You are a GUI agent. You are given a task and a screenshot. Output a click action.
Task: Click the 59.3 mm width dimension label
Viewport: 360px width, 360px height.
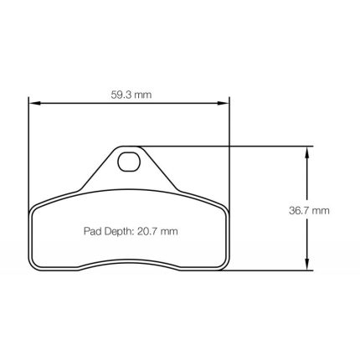pyautogui.click(x=131, y=95)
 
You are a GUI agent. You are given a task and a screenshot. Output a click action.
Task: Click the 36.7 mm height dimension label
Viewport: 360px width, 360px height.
pyautogui.click(x=309, y=210)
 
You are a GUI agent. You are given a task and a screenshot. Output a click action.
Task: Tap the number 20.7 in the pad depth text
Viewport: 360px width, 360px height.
pyautogui.click(x=147, y=231)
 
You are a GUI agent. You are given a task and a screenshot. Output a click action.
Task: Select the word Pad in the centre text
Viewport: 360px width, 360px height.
pyautogui.click(x=93, y=231)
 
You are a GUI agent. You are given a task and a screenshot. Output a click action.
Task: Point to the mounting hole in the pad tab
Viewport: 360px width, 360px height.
pyautogui.click(x=128, y=162)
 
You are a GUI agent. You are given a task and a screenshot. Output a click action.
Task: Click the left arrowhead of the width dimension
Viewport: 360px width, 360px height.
pyautogui.click(x=35, y=103)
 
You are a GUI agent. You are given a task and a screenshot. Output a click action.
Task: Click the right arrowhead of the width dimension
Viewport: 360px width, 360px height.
pyautogui.click(x=223, y=103)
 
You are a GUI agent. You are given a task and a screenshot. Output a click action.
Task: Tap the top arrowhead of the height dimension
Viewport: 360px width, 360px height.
pyautogui.click(x=306, y=152)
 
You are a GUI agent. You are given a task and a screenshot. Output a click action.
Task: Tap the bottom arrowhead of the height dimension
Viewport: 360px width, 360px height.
pyautogui.click(x=306, y=264)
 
